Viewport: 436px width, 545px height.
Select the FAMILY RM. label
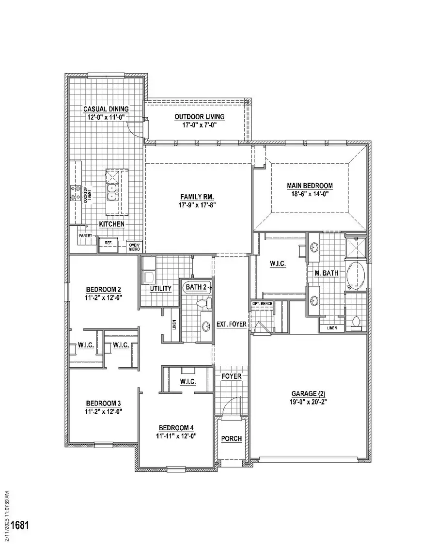tap(197, 197)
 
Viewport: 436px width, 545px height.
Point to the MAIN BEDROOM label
tap(310, 186)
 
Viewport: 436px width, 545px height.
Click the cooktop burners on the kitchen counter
tap(76, 193)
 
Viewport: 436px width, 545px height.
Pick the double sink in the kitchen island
tap(112, 192)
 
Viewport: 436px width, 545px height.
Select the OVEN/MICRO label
tap(134, 247)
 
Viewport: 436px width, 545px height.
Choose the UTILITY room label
tap(160, 289)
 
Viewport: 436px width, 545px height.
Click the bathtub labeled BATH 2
tap(197, 287)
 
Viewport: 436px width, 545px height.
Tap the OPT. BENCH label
tap(262, 304)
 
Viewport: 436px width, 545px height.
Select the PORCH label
tap(231, 438)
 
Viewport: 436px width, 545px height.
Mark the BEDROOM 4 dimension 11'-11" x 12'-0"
tap(176, 436)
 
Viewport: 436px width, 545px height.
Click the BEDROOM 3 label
tap(103, 403)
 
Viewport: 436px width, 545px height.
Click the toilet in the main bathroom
tap(356, 323)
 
